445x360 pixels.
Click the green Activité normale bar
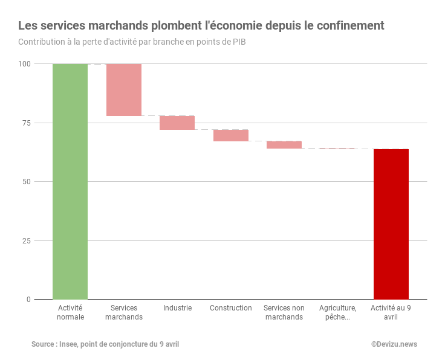coord(70,181)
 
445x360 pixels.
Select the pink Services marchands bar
coord(124,89)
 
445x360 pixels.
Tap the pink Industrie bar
coord(177,123)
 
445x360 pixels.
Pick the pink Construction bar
coord(231,135)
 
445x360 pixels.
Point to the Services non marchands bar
coord(284,144)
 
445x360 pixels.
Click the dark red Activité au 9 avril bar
coord(391,223)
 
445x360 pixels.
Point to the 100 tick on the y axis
coord(24,64)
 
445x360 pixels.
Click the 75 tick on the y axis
coord(26,123)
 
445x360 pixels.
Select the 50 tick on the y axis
coord(26,182)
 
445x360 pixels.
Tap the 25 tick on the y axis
coord(26,240)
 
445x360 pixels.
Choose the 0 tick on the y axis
coord(28,300)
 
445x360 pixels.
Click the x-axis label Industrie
coord(177,308)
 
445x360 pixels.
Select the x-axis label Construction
coord(231,308)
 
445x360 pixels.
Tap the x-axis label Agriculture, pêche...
coord(337,312)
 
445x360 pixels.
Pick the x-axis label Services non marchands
coord(284,312)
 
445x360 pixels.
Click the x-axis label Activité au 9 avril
coord(391,312)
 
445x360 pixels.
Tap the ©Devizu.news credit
coord(394,344)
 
